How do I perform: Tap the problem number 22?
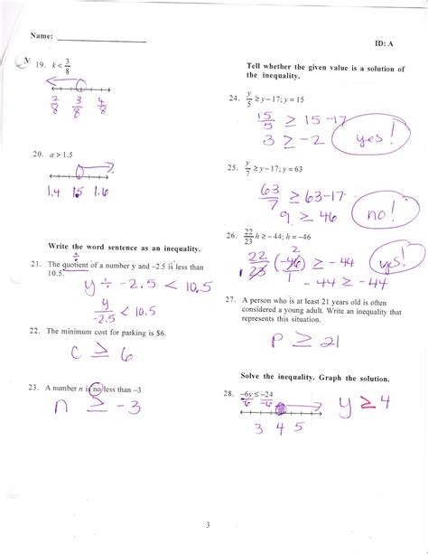(36, 332)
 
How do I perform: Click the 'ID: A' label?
(384, 43)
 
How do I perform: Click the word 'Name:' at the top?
(42, 37)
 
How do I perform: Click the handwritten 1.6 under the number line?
(104, 192)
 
